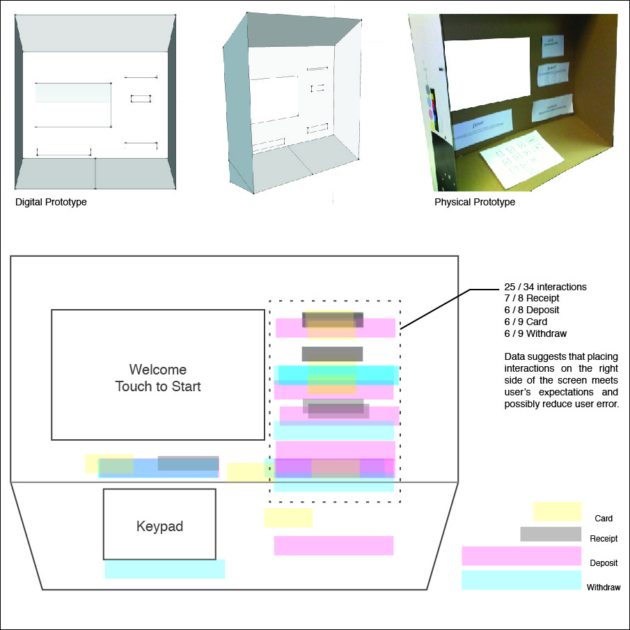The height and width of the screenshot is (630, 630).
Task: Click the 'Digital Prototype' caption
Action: (x=51, y=202)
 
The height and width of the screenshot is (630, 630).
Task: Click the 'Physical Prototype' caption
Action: (x=475, y=202)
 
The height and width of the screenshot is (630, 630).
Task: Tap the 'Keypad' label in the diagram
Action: (x=159, y=526)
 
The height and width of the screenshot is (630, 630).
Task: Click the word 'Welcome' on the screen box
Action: (x=158, y=369)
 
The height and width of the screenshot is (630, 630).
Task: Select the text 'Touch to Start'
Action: (x=158, y=386)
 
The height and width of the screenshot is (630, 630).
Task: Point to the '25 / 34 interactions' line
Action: (x=545, y=287)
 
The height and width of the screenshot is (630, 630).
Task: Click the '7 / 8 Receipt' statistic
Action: (x=531, y=299)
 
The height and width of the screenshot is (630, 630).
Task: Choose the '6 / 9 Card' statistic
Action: (x=526, y=322)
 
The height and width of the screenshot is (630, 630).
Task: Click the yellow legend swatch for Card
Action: (x=557, y=512)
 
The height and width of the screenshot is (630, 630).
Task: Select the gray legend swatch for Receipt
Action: (x=551, y=534)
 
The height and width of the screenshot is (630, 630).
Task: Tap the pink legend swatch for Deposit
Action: (x=521, y=556)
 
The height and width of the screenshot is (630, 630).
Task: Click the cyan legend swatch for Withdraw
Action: (x=521, y=580)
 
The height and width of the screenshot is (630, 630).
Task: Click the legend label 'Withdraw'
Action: (x=603, y=588)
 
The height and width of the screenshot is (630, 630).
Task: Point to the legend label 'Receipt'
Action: (x=603, y=538)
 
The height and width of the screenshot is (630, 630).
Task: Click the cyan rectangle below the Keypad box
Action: (x=165, y=569)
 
